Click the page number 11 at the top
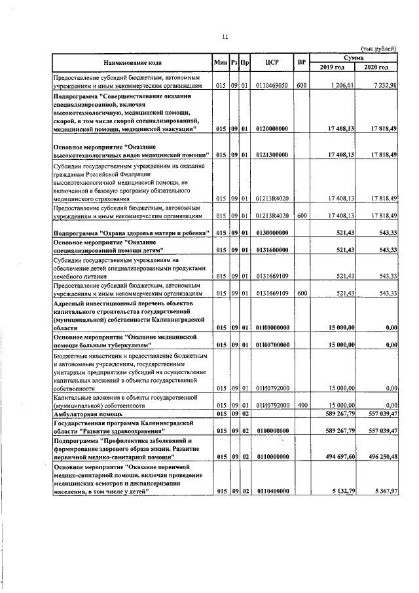click(x=225, y=37)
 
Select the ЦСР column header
click(x=273, y=62)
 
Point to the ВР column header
click(x=301, y=62)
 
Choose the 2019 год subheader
click(x=333, y=67)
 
